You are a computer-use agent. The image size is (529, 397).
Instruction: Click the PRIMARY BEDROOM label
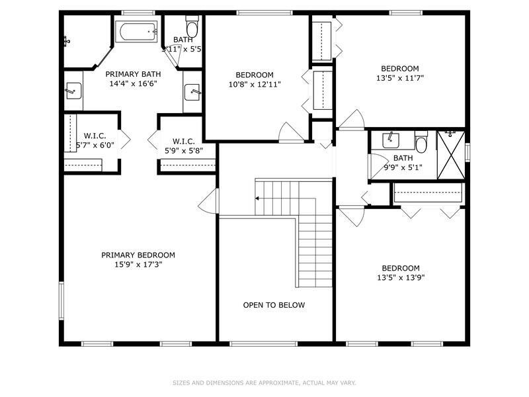tap(138, 255)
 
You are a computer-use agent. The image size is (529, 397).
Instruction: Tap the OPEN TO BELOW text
tap(274, 305)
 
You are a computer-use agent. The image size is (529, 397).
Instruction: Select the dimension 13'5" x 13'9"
tap(401, 277)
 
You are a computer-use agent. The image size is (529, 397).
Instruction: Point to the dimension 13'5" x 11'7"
tap(400, 78)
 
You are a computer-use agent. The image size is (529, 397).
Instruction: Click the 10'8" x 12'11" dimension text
tap(255, 85)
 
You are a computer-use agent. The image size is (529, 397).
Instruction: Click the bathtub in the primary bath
tap(136, 32)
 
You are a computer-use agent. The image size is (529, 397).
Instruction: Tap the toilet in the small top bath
tap(192, 26)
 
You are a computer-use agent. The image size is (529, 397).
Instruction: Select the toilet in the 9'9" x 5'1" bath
tap(421, 142)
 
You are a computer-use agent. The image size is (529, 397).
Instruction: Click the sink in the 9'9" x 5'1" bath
tap(391, 140)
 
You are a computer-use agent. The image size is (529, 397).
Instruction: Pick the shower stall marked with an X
tap(451, 155)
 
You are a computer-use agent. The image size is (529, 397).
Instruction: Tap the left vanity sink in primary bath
tap(73, 91)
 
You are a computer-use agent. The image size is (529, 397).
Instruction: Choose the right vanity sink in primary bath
tap(193, 92)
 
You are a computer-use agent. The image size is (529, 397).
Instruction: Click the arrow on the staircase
tap(257, 198)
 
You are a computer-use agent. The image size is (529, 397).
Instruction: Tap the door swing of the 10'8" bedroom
tap(292, 132)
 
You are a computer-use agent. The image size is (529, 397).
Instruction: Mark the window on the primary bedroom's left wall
tap(61, 301)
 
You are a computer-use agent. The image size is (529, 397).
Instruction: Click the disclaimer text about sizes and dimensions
tap(264, 383)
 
